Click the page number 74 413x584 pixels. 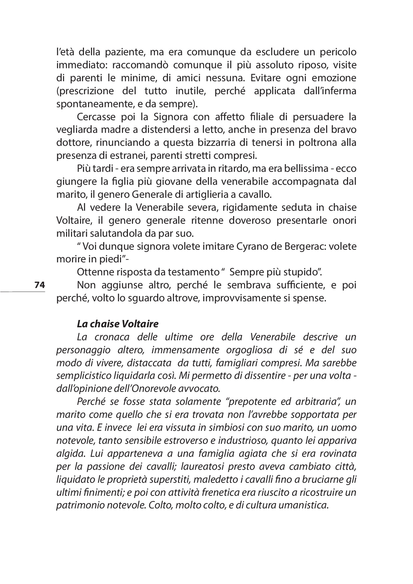click(x=39, y=285)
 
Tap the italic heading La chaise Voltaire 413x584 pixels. click(x=118, y=324)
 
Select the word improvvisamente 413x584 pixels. click(x=239, y=298)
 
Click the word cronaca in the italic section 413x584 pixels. click(x=113, y=337)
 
